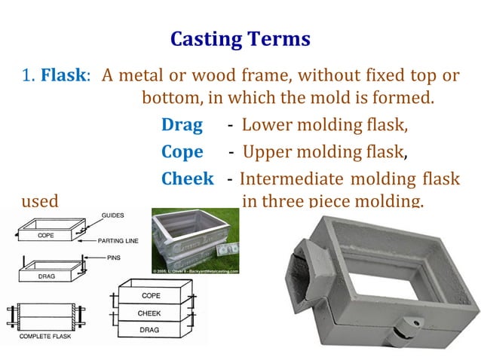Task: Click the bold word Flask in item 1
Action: [63, 76]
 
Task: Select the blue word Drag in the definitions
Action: [182, 124]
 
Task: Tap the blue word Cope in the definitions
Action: [182, 151]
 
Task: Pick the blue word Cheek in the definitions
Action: [188, 179]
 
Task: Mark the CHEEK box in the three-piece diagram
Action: [150, 312]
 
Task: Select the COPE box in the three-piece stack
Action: [150, 296]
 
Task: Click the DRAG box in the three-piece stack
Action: [150, 328]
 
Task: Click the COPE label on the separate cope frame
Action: [46, 235]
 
